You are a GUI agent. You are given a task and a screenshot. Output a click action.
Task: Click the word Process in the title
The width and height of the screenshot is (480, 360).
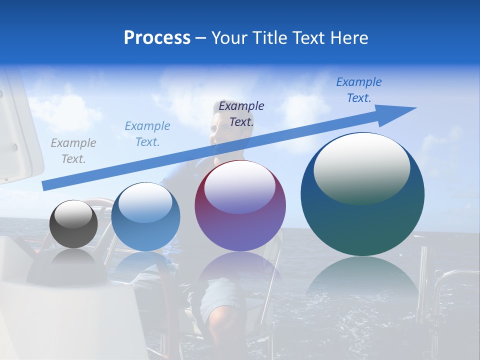[x=157, y=38]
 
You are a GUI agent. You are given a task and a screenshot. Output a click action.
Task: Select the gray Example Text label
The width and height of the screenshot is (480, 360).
[x=73, y=150]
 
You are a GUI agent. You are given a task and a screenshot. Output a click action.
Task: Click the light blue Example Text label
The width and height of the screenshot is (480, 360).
[x=147, y=133]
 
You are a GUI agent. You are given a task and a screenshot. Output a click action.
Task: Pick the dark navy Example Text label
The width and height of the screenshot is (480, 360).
[x=241, y=113]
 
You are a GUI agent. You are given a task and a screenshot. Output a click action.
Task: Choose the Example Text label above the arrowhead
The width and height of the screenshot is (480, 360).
[x=358, y=90]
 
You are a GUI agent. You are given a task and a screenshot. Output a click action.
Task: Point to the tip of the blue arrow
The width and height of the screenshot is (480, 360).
[x=415, y=108]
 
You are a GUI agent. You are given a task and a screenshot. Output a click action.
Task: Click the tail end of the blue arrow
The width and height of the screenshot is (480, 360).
[x=44, y=186]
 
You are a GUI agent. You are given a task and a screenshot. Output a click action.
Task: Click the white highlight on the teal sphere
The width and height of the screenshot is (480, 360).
[x=361, y=167]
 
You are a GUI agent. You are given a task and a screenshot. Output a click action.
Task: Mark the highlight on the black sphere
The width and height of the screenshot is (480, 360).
[x=73, y=214]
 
